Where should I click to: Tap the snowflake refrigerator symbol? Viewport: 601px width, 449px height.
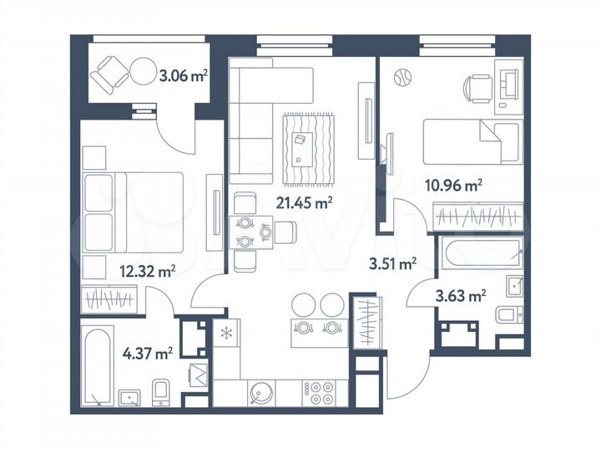[225, 333]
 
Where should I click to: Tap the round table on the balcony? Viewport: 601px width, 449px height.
[142, 72]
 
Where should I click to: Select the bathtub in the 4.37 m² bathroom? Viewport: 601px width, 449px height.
[98, 365]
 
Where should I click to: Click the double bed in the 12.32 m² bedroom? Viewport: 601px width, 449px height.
[134, 213]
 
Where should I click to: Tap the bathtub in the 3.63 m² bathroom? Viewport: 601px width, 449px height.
[482, 250]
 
